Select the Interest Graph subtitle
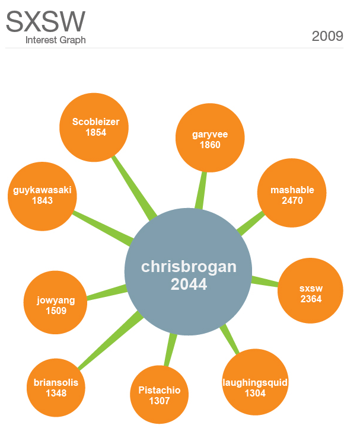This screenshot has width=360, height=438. (56, 40)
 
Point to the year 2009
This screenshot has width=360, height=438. (327, 36)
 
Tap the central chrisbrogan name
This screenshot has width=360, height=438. (189, 267)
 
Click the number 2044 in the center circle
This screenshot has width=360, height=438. (189, 284)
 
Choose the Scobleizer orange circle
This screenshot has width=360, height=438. (95, 127)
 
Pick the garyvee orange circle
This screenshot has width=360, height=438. (210, 139)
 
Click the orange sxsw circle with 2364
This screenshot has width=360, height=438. (311, 293)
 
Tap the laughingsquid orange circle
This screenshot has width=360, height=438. (254, 387)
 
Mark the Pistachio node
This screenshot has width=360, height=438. (159, 395)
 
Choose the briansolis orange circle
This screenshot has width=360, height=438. (56, 387)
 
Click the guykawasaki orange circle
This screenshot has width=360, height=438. (42, 196)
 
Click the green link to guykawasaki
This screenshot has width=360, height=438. (101, 225)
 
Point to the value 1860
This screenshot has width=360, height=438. (210, 145)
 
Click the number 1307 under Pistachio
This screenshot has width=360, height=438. (159, 401)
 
